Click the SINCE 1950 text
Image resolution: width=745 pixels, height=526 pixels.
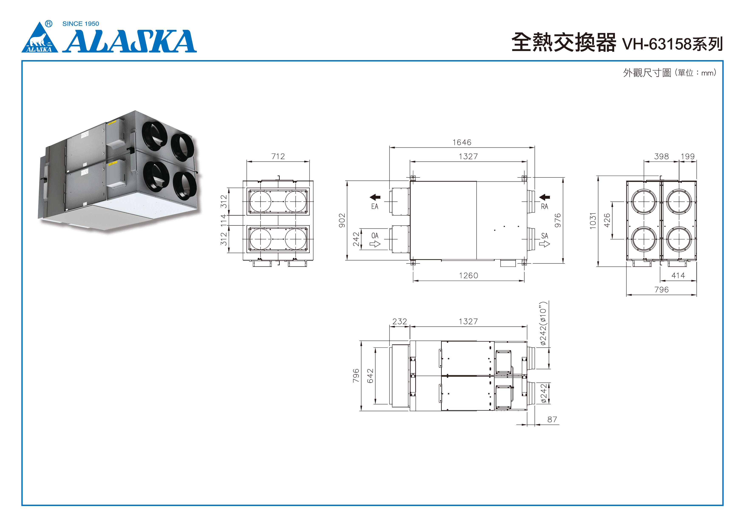coord(80,24)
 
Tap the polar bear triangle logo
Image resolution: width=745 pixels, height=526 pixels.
coord(40,37)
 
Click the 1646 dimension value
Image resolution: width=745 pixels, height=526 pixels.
coord(462,142)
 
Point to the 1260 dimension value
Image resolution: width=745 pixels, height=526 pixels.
coord(468,276)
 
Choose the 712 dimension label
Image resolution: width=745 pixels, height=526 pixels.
coord(278,156)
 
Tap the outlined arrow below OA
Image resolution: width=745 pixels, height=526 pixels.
coord(375,244)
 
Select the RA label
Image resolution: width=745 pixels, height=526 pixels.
coord(545,206)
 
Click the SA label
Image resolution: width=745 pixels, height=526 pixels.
coord(545,236)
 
